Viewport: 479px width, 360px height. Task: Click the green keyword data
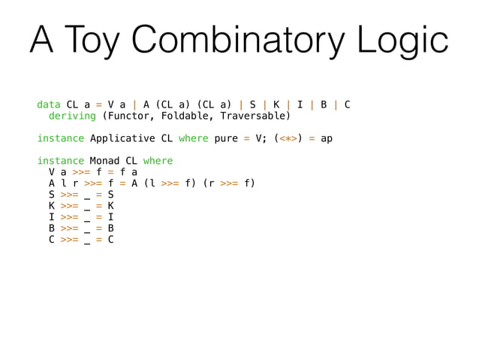[49, 104]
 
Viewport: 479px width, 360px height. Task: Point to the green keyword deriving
[72, 116]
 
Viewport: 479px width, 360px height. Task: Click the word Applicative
[122, 138]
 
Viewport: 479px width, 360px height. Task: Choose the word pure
[227, 138]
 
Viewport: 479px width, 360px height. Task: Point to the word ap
[327, 138]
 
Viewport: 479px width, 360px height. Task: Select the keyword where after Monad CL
[157, 161]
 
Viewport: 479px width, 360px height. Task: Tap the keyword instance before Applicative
[61, 138]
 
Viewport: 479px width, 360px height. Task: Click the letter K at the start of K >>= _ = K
[52, 206]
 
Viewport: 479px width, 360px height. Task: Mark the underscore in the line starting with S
[86, 196]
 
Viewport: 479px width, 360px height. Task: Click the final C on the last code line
[110, 240]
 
